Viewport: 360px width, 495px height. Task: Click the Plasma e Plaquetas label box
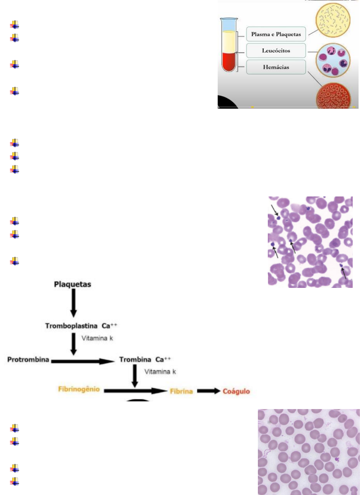click(276, 34)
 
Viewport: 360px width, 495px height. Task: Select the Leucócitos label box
click(276, 51)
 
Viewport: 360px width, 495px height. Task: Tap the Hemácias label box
click(276, 67)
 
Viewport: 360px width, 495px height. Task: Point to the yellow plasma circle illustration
click(333, 20)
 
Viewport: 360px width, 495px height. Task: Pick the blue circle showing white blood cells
click(333, 60)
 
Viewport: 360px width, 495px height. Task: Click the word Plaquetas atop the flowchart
click(72, 284)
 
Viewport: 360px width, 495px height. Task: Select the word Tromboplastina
click(71, 326)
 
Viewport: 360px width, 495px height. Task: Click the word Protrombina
click(28, 359)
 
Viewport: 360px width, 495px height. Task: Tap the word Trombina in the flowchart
click(135, 359)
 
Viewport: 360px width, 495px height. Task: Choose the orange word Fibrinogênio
click(79, 389)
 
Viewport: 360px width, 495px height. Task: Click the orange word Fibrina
click(181, 391)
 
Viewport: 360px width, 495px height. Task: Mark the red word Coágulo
click(236, 391)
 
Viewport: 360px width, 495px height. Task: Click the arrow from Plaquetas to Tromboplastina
click(73, 303)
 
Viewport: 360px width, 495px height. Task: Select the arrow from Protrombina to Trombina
click(83, 361)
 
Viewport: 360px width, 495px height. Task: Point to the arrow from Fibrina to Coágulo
click(208, 391)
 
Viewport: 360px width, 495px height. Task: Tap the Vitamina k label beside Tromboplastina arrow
click(97, 338)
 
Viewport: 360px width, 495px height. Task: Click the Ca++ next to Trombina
click(163, 359)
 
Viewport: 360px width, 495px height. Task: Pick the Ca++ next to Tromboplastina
click(109, 326)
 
